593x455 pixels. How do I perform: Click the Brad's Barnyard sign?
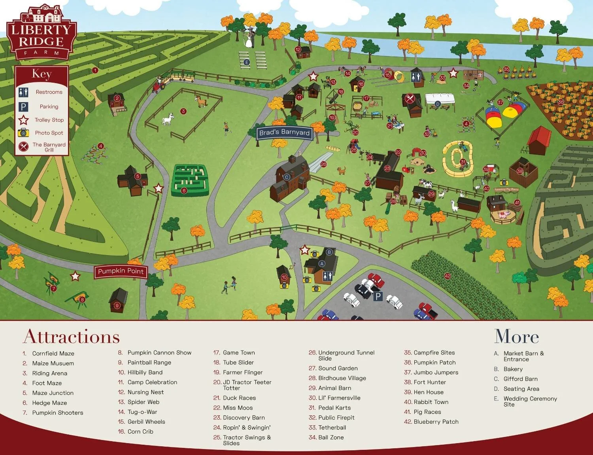click(284, 133)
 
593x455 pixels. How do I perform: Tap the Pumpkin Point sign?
click(121, 271)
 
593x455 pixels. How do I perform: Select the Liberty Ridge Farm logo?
click(41, 33)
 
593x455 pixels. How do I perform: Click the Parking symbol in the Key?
click(23, 107)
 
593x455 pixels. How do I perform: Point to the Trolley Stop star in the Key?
click(24, 120)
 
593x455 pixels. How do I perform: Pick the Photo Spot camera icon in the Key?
click(23, 133)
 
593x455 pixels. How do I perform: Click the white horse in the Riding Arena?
click(168, 119)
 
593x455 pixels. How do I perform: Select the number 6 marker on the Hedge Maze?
click(184, 191)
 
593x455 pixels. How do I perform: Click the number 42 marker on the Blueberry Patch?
click(447, 276)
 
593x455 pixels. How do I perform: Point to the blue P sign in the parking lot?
click(378, 296)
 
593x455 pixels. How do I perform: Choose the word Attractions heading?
click(72, 337)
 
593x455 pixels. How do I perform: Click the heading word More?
click(516, 337)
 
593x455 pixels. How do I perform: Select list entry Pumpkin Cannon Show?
click(159, 353)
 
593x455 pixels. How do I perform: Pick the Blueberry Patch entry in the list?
click(436, 422)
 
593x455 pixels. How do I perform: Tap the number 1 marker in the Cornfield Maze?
click(95, 70)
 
